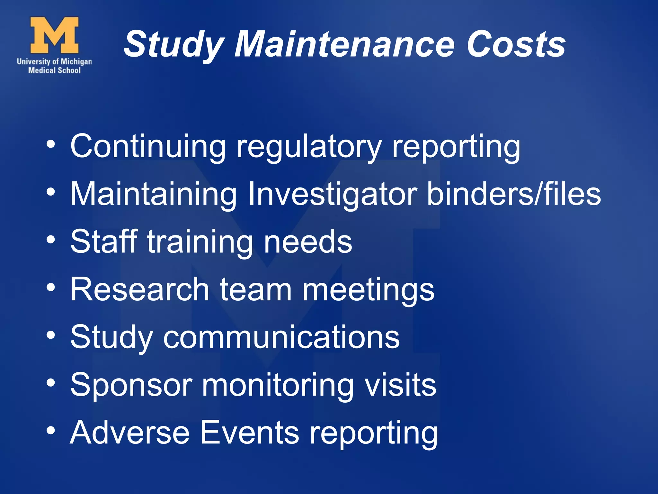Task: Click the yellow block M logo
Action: coord(54,35)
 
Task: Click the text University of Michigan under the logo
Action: coord(54,61)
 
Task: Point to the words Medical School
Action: coord(54,70)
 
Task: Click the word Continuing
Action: coord(148,146)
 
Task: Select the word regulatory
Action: coord(309,148)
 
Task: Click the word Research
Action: coord(140,289)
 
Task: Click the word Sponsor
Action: coord(131,385)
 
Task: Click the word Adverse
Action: coord(130,433)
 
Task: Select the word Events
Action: coord(250,433)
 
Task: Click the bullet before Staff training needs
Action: coord(51,239)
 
